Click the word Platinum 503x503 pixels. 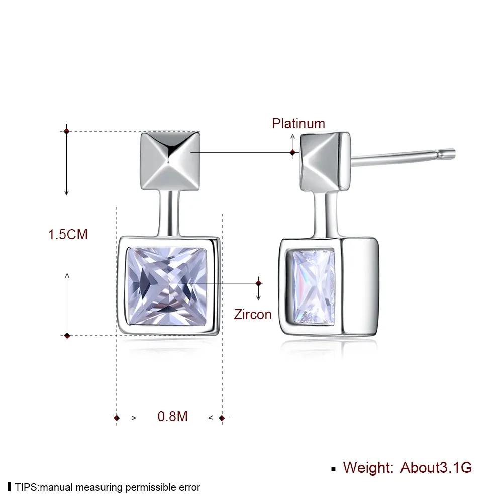(x=298, y=124)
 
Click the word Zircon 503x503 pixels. (x=253, y=315)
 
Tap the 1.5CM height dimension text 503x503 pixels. (x=68, y=235)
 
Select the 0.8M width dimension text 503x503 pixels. (x=172, y=417)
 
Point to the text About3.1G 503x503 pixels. (x=436, y=468)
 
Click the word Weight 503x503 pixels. (x=368, y=468)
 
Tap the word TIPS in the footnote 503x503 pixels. (x=26, y=487)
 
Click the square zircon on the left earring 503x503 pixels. (x=167, y=285)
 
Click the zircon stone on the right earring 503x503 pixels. (x=314, y=287)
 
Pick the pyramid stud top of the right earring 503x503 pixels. (x=325, y=162)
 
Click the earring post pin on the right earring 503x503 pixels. (x=403, y=157)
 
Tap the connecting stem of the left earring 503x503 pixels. (x=170, y=214)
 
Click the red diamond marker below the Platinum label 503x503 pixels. (x=292, y=153)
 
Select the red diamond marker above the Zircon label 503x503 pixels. (x=259, y=283)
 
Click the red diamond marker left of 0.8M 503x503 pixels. (x=117, y=418)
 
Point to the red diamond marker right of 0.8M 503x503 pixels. (x=222, y=418)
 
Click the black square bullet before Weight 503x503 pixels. (x=334, y=469)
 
